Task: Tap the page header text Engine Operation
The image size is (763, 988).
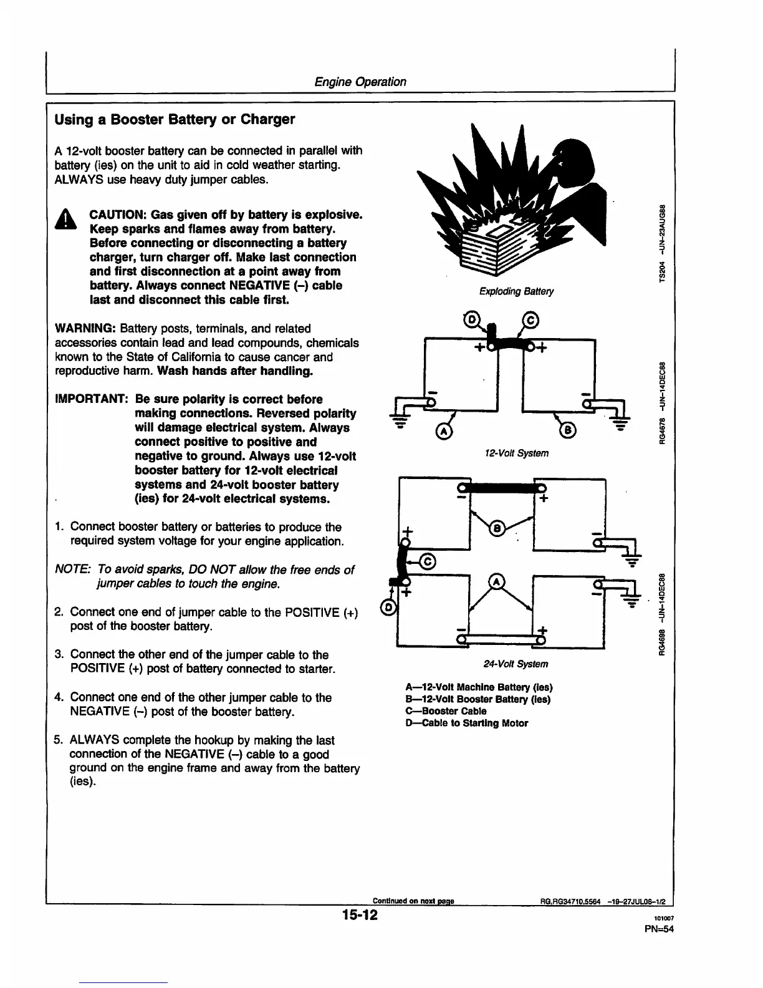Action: [x=360, y=82]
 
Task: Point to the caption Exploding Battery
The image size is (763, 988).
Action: [x=516, y=291]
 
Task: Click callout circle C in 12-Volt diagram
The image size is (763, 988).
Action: [x=530, y=321]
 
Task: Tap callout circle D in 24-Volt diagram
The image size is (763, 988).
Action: [x=386, y=607]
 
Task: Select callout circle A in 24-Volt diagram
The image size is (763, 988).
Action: [x=497, y=581]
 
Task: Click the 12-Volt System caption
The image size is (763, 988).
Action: [x=516, y=453]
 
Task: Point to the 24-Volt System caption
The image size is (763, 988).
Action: [x=516, y=664]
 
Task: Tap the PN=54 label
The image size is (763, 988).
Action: [x=660, y=928]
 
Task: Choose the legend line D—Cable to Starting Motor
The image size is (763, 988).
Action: [x=466, y=724]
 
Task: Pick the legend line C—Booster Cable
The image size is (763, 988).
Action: [x=446, y=711]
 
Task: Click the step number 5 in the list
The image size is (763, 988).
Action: [x=58, y=740]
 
